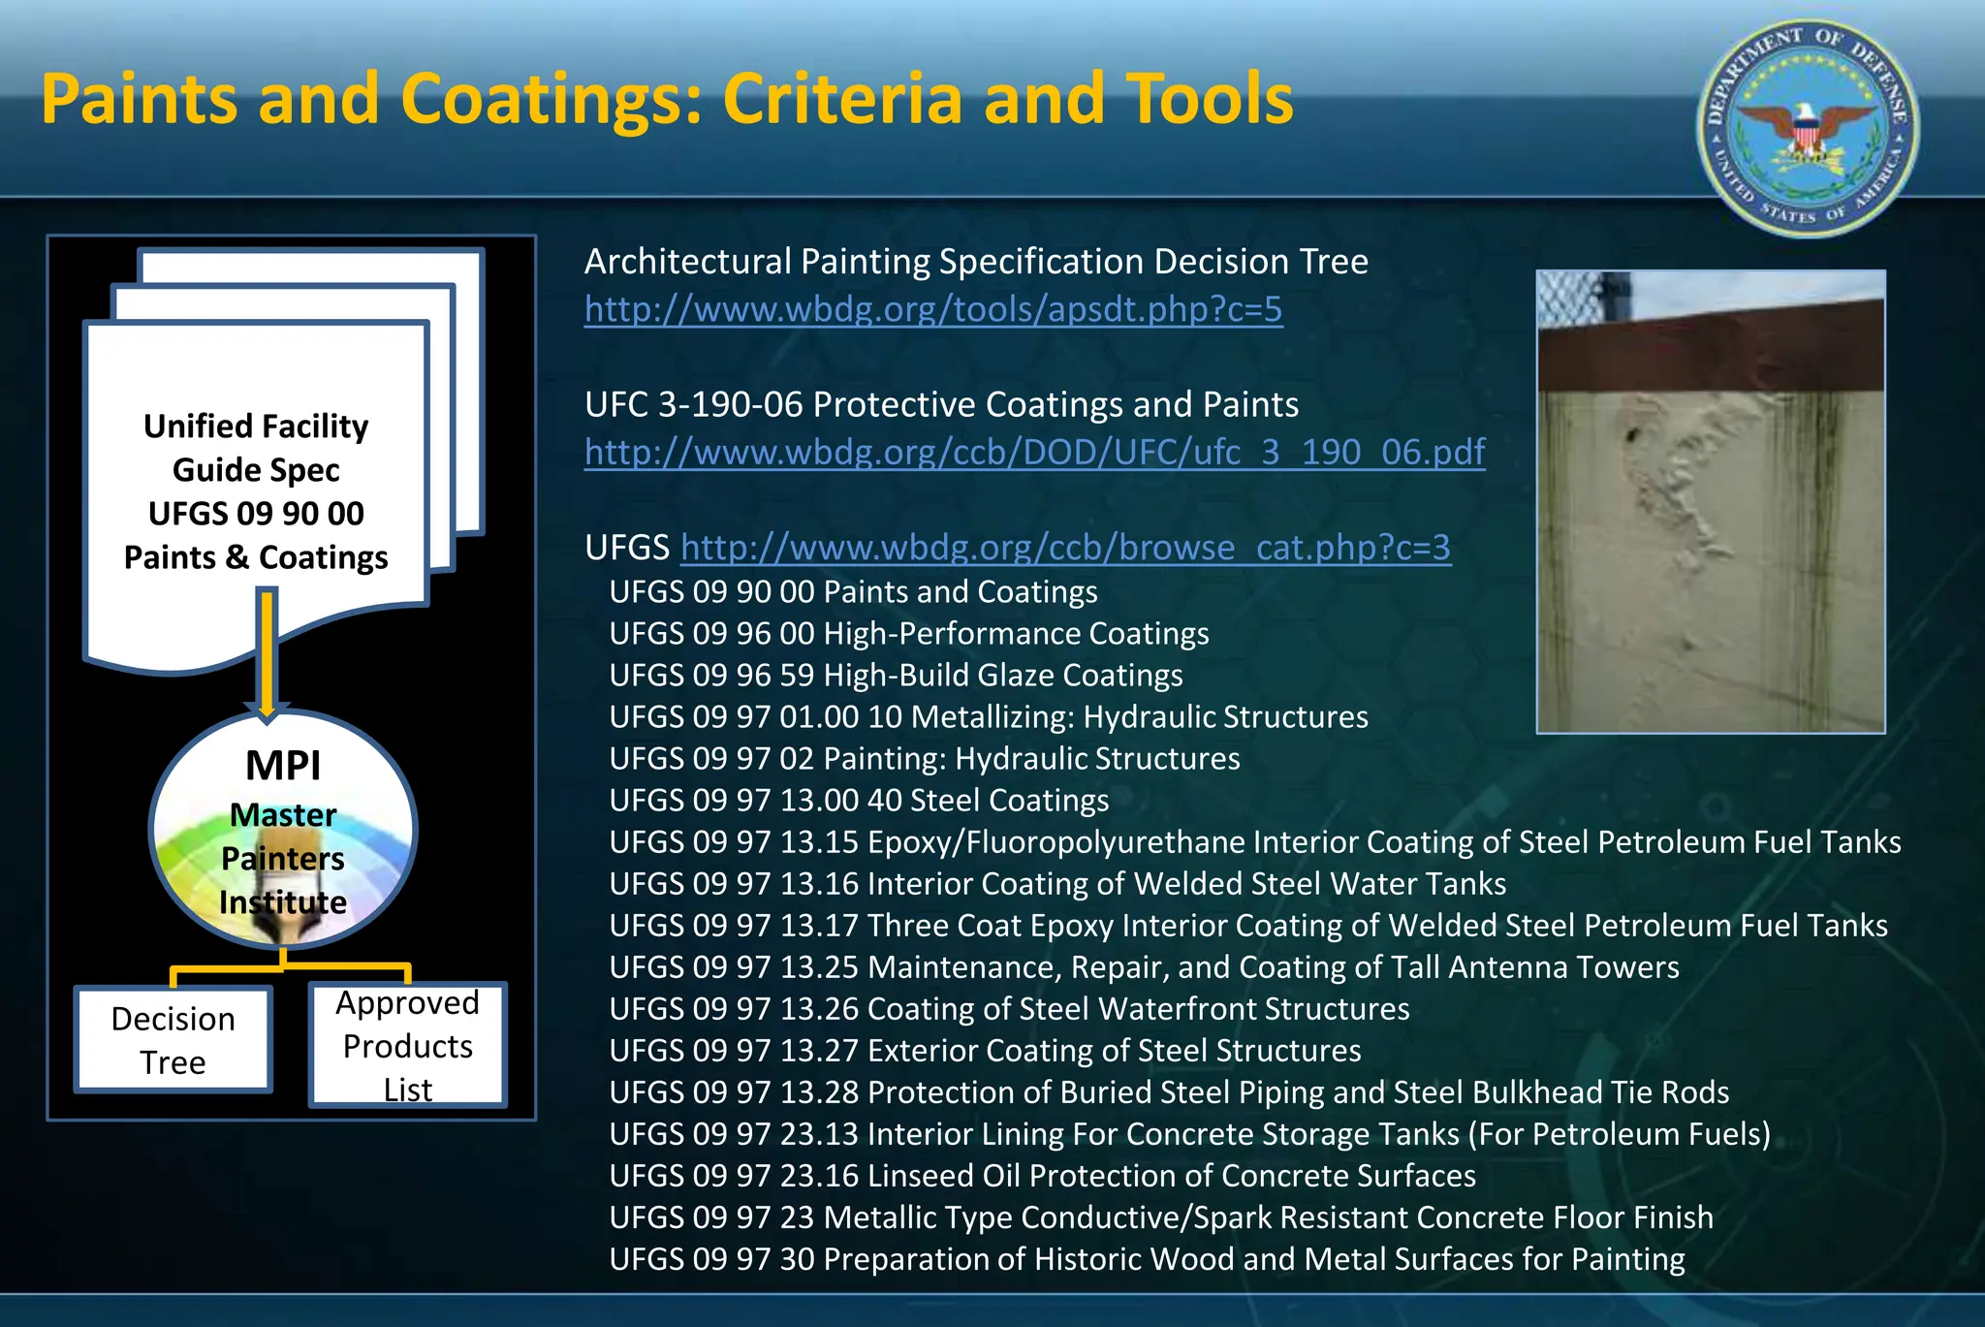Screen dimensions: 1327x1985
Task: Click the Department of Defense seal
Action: pos(1807,129)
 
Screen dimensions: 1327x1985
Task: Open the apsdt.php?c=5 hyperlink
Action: pos(932,309)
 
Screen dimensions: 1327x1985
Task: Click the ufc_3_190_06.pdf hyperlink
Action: pos(1034,452)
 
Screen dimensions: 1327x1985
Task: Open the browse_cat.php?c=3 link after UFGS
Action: pos(1065,548)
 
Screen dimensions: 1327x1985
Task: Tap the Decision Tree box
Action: pos(173,1040)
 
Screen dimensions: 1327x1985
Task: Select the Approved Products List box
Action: pos(407,1045)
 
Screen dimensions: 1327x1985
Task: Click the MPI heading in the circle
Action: pos(282,766)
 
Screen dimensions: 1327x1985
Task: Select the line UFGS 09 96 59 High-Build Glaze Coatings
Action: pos(896,675)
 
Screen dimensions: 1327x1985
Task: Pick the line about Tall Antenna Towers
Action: pos(1144,967)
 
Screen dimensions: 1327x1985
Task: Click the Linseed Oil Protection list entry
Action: pos(1042,1176)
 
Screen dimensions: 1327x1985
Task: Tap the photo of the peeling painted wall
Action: pos(1710,543)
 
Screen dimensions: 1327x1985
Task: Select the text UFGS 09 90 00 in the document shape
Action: pos(256,514)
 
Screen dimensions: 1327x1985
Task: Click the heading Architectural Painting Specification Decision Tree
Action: pos(975,262)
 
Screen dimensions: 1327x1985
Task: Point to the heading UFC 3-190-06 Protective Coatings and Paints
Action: pos(941,404)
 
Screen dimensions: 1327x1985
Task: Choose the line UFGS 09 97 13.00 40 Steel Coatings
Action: pos(859,801)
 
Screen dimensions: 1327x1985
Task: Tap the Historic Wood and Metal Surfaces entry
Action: pos(1147,1259)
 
